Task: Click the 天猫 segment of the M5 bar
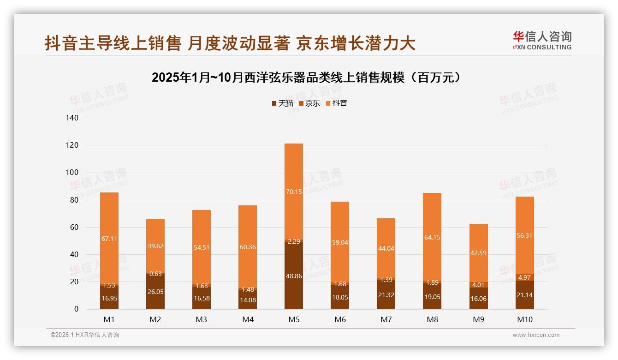click(x=294, y=276)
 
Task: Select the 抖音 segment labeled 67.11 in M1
click(x=109, y=238)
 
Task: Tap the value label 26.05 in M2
click(x=155, y=292)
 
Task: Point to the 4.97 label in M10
click(x=524, y=277)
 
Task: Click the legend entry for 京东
click(x=309, y=103)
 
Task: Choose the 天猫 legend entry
click(x=282, y=103)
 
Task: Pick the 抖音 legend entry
click(x=337, y=103)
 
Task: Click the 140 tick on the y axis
click(x=72, y=118)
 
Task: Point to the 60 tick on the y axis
click(x=74, y=228)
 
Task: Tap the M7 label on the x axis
click(x=386, y=319)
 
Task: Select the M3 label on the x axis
click(x=202, y=319)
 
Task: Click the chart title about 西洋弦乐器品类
click(x=307, y=78)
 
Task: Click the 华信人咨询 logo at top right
click(x=542, y=40)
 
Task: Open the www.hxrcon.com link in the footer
click(x=536, y=335)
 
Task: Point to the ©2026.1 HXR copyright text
click(x=85, y=335)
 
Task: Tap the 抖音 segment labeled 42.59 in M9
click(x=478, y=253)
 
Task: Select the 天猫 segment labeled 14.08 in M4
click(x=248, y=300)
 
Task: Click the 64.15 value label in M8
click(x=432, y=238)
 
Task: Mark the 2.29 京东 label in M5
click(x=294, y=241)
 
